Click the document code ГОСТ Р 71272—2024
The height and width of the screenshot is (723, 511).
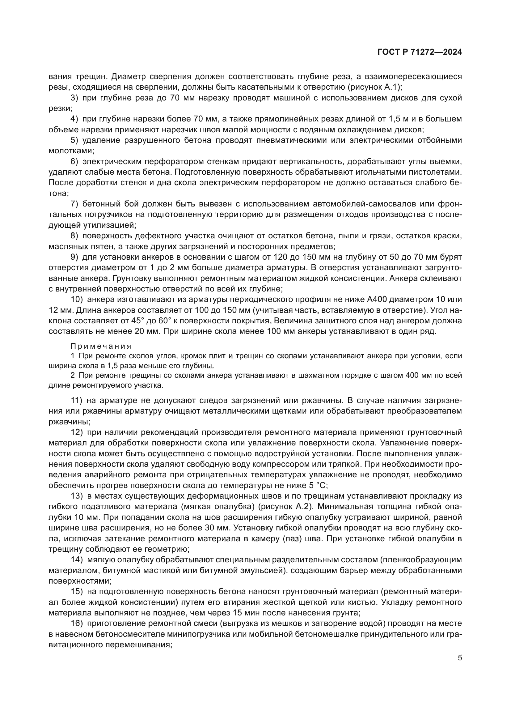pyautogui.click(x=420, y=52)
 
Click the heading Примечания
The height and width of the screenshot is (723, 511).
pyautogui.click(x=101, y=347)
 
